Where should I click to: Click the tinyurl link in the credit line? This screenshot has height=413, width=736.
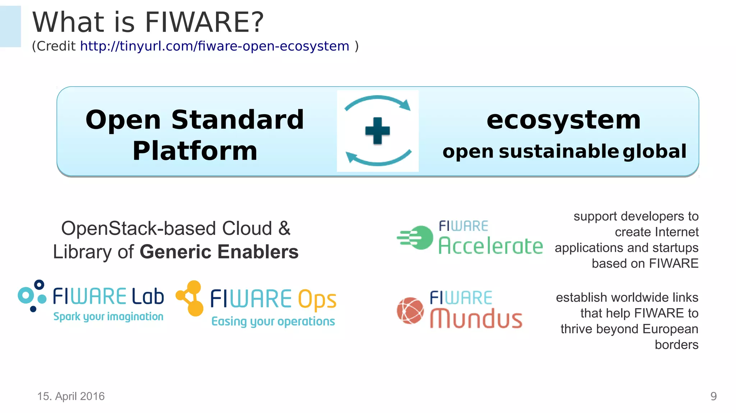pyautogui.click(x=215, y=46)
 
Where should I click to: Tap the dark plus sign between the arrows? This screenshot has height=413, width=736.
pyautogui.click(x=377, y=131)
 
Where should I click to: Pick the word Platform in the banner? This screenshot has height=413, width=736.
pyautogui.click(x=195, y=151)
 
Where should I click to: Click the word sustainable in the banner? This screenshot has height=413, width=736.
pyautogui.click(x=558, y=151)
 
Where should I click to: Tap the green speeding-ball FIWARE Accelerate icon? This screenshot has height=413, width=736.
pyautogui.click(x=417, y=237)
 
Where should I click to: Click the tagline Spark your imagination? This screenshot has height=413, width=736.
pyautogui.click(x=108, y=316)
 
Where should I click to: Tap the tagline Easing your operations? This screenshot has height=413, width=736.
pyautogui.click(x=273, y=321)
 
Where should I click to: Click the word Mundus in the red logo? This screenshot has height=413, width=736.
pyautogui.click(x=476, y=319)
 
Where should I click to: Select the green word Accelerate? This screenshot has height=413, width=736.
pyautogui.click(x=491, y=246)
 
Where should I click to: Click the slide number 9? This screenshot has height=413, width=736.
pyautogui.click(x=713, y=396)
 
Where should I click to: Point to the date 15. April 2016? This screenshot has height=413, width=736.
pyautogui.click(x=71, y=396)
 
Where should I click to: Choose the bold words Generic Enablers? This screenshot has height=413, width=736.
pyautogui.click(x=219, y=252)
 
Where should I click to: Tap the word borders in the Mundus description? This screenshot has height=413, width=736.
pyautogui.click(x=676, y=345)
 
